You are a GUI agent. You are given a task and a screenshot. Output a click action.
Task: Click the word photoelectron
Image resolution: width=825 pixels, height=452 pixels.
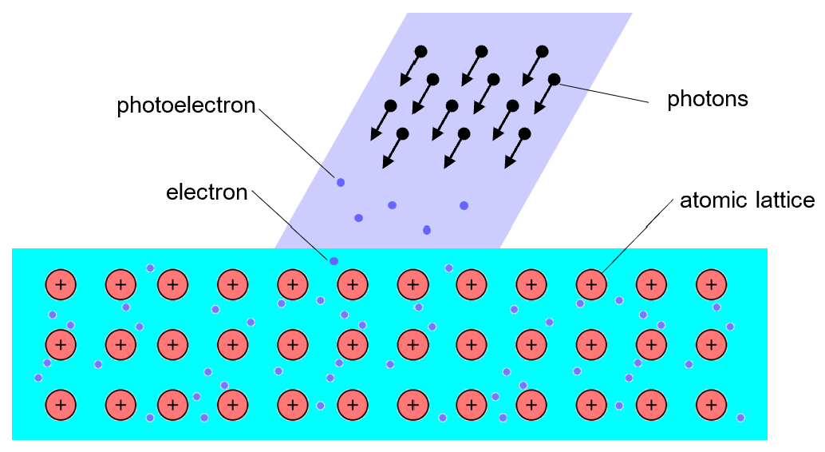[x=186, y=105]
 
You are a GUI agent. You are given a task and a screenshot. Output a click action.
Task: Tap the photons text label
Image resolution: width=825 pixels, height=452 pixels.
[x=708, y=99]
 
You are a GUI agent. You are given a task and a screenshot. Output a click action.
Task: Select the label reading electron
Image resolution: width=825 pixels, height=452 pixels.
[x=207, y=192]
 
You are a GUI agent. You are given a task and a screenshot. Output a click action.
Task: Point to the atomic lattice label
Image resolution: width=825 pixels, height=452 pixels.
[x=747, y=200]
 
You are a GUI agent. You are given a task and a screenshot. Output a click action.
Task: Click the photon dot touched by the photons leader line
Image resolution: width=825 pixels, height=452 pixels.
[x=554, y=79]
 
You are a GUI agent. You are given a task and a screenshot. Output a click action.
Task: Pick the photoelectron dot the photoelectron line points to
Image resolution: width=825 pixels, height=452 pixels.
[x=341, y=183]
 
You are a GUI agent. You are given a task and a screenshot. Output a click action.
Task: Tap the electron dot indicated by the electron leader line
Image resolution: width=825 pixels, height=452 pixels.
[x=334, y=261]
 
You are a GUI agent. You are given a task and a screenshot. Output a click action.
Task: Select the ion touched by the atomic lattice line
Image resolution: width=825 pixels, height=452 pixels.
[x=591, y=283]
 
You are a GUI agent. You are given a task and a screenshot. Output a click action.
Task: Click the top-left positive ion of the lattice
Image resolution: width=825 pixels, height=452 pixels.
[x=60, y=283]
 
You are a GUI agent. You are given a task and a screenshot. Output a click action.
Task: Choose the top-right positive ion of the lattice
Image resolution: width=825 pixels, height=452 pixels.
[x=711, y=283]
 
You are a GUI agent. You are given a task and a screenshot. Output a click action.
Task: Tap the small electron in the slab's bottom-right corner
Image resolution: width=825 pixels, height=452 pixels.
[x=741, y=418]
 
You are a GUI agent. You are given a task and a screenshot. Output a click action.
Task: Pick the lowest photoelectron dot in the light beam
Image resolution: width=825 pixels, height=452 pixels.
[x=427, y=231]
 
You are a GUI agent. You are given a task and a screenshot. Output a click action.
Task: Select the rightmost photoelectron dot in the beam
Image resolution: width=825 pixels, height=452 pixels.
[x=464, y=206]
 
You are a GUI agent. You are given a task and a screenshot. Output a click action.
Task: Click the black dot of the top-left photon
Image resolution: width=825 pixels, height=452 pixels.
[x=420, y=51]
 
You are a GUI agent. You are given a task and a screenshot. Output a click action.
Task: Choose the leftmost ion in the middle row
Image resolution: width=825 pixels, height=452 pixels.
[x=60, y=344]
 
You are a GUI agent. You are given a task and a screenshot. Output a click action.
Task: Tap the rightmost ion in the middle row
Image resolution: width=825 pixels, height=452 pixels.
[x=711, y=344]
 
